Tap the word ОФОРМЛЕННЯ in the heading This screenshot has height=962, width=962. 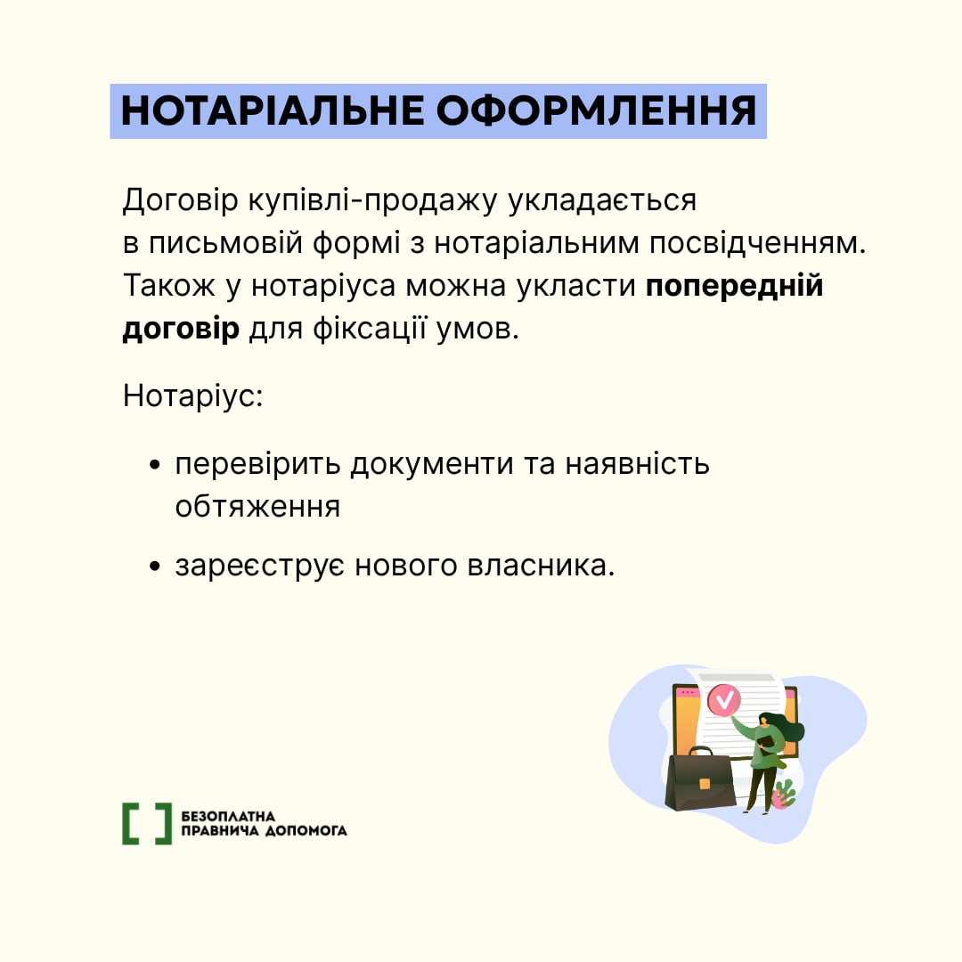tap(596, 111)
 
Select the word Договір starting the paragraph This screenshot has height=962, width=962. tap(180, 200)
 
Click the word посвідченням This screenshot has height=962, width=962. tap(758, 243)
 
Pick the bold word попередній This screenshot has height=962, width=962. tap(734, 287)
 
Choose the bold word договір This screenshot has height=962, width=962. tap(181, 330)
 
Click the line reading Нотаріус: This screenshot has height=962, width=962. tap(193, 395)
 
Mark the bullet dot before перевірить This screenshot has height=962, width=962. tap(155, 465)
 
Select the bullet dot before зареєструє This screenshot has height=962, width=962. tap(155, 567)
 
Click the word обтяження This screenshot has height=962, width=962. tap(257, 508)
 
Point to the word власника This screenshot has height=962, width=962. tap(542, 566)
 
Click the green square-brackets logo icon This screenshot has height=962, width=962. tap(147, 823)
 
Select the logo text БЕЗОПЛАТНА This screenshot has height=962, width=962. tap(228, 816)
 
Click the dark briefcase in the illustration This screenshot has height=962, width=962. tap(701, 778)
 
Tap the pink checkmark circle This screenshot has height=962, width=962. tap(724, 700)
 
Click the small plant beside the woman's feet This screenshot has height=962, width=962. tap(784, 795)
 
